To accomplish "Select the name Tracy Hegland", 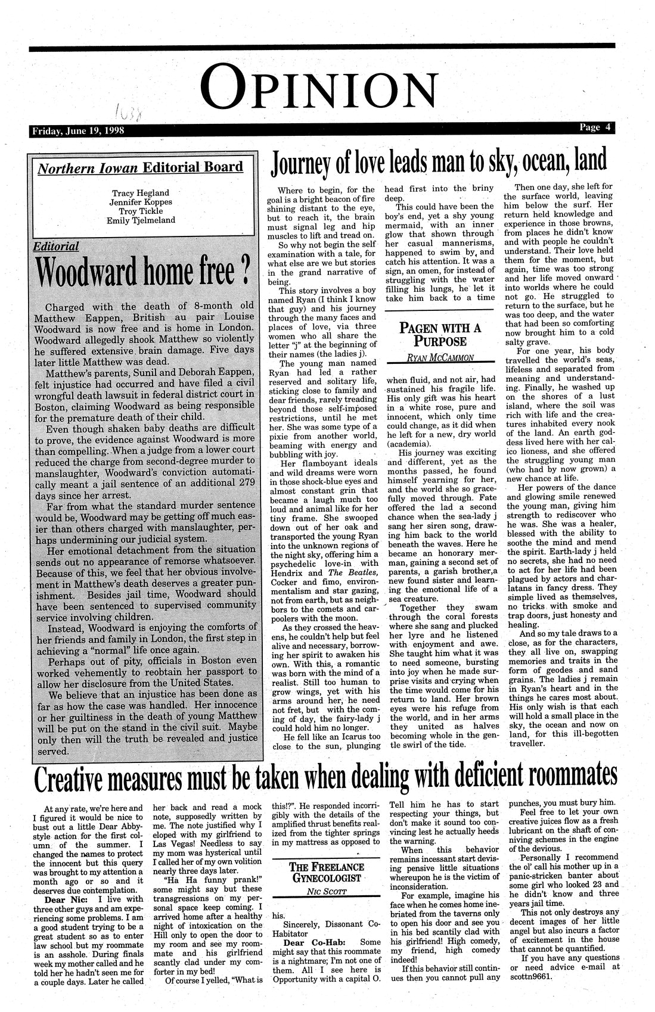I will (x=139, y=192).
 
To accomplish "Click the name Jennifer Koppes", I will (x=139, y=202).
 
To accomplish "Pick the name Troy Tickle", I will (x=139, y=211).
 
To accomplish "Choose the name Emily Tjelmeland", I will (x=139, y=221).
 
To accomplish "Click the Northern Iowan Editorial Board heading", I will (x=140, y=168).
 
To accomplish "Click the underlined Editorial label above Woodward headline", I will (x=57, y=245).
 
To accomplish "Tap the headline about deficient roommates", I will (x=325, y=778).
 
